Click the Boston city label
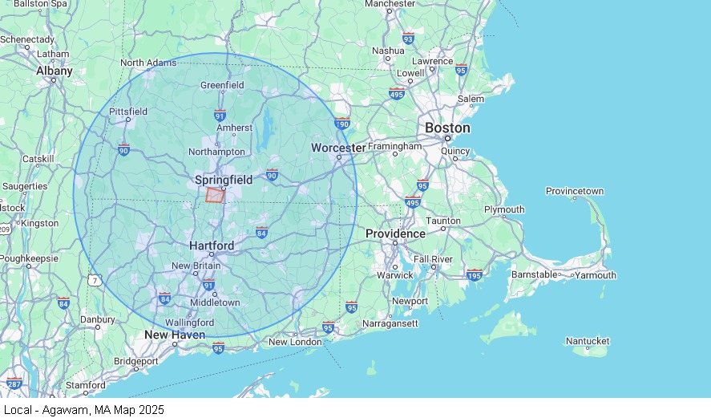(x=447, y=128)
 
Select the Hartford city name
(x=212, y=246)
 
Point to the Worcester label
(x=338, y=148)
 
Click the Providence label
(x=395, y=233)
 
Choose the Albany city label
(x=55, y=71)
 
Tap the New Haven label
(x=175, y=335)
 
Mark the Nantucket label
(x=588, y=341)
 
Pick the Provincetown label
(x=575, y=191)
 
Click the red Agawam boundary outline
(x=215, y=195)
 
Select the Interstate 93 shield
(x=409, y=38)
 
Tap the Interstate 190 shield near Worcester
(x=342, y=124)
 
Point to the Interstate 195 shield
(x=474, y=274)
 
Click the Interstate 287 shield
(x=14, y=384)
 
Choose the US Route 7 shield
(x=95, y=280)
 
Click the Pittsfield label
(x=128, y=112)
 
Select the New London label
(x=295, y=342)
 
